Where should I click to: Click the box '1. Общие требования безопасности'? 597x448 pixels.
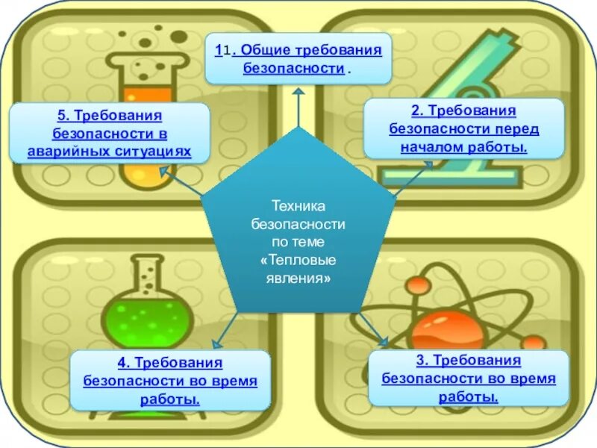point(298,58)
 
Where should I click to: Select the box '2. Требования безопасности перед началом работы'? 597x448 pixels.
point(463,128)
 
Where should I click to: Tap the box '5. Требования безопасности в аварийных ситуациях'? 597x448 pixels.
point(109,134)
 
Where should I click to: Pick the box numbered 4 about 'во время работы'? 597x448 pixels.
point(170,381)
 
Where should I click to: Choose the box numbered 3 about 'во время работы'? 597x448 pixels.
point(469,378)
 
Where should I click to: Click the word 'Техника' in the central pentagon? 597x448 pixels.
point(298,205)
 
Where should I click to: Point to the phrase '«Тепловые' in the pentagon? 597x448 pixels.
point(298,261)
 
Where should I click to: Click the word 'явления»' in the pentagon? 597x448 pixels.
point(298,276)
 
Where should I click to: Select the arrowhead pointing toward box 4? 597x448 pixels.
point(216,343)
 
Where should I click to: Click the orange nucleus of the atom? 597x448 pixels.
point(447,329)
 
